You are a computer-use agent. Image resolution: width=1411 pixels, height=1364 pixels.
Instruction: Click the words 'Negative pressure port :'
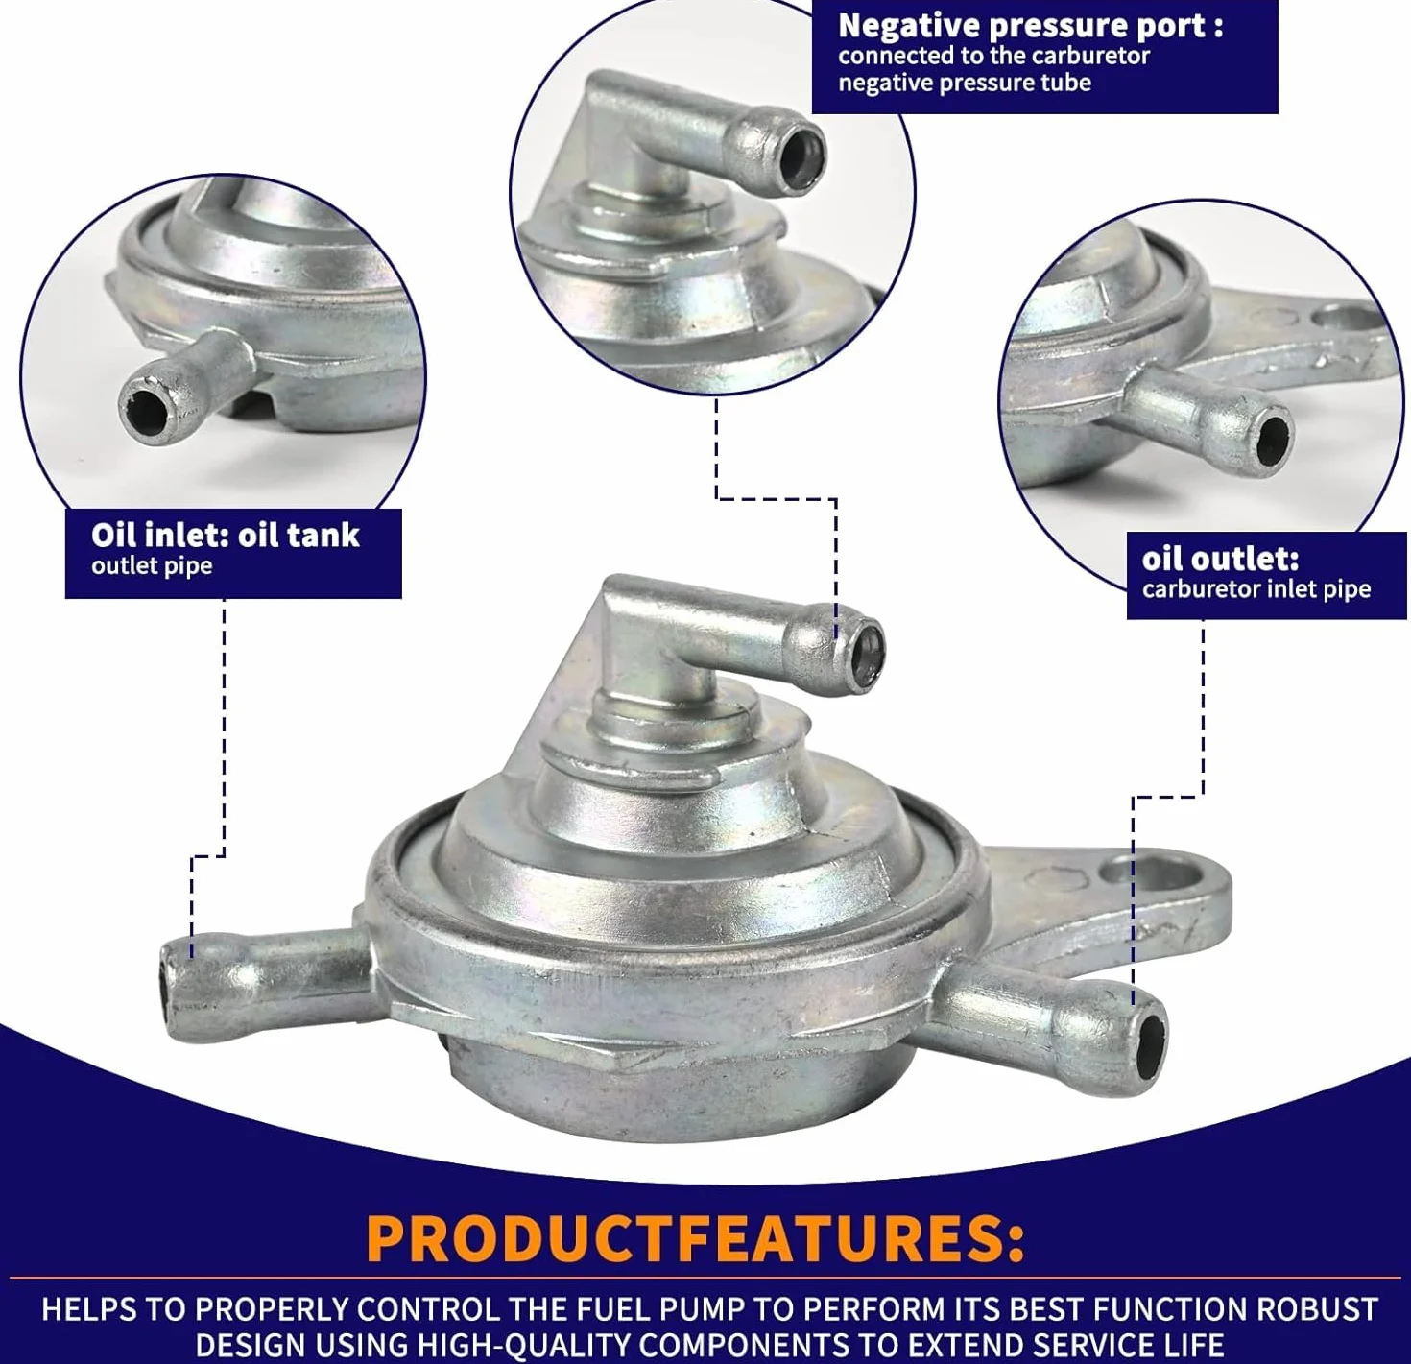(x=1030, y=26)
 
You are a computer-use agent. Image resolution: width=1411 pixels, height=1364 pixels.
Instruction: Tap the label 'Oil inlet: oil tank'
(x=225, y=536)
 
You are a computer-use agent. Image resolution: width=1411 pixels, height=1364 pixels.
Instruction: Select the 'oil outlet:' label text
(x=1220, y=559)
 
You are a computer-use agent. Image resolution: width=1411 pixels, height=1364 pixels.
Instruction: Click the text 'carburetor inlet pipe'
(x=1256, y=588)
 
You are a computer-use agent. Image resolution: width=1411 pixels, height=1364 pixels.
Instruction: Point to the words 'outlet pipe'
(x=152, y=565)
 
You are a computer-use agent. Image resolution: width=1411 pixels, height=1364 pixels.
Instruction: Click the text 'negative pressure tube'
(x=965, y=83)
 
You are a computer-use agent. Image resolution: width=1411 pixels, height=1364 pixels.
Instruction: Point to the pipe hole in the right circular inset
(x=1274, y=438)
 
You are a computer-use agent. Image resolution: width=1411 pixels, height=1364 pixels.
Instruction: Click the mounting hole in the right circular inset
(x=1349, y=317)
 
